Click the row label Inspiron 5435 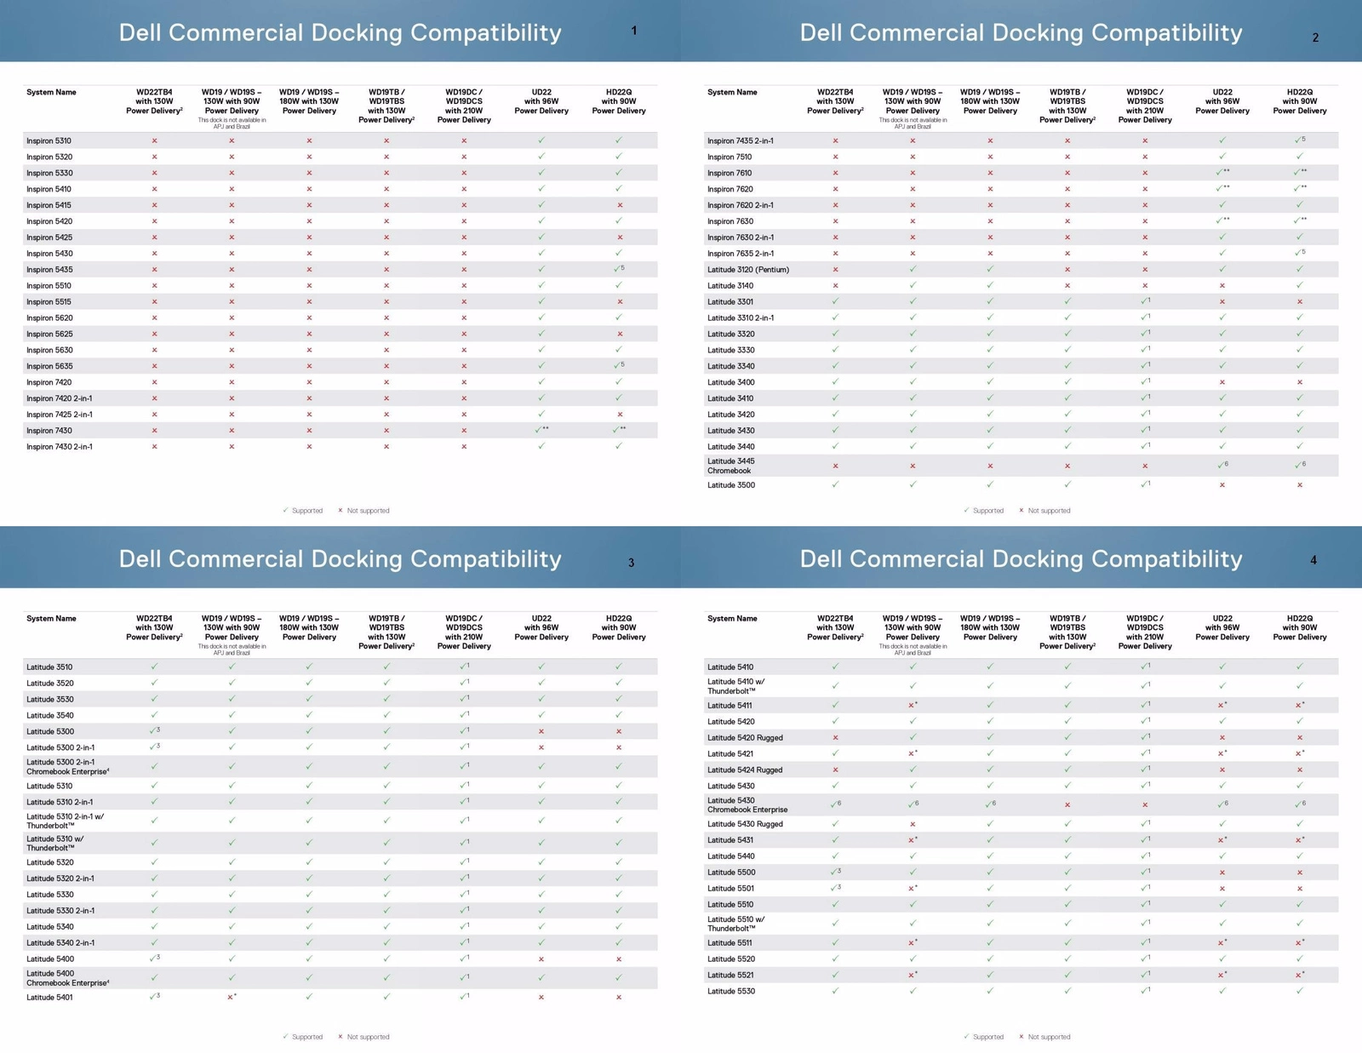point(49,270)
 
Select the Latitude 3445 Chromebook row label point(730,466)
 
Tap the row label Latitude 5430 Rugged point(745,824)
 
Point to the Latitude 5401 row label point(49,997)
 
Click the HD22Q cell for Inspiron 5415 point(620,205)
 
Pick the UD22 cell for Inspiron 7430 point(541,430)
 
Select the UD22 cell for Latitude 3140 point(1222,286)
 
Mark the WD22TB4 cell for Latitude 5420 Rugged point(835,738)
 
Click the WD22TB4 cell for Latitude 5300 point(154,731)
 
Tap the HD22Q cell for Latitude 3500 point(1300,485)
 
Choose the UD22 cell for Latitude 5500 point(1222,873)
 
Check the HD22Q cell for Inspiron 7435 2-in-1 point(1300,140)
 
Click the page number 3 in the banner point(631,563)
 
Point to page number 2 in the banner point(1315,37)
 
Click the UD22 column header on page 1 point(541,101)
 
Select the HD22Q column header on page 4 point(1300,627)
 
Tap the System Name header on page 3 point(51,619)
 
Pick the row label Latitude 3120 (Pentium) point(748,270)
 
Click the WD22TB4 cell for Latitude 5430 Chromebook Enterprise point(835,804)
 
